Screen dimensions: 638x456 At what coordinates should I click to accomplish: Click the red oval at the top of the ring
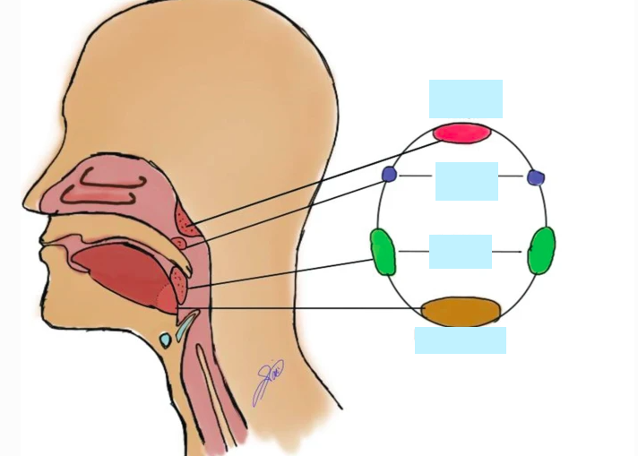(462, 133)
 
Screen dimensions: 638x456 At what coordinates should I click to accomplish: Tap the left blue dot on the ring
(389, 174)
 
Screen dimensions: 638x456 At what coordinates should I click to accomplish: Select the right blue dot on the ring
(536, 177)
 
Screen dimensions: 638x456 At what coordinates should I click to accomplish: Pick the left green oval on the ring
(383, 252)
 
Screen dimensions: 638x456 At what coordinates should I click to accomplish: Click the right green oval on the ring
(541, 251)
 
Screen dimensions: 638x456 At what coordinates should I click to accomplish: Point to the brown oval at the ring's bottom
(461, 312)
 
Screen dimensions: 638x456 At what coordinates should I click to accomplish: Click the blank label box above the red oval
(465, 99)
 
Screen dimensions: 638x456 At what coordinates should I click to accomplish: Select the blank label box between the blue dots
(466, 181)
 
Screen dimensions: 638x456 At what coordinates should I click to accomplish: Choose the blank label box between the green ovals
(460, 252)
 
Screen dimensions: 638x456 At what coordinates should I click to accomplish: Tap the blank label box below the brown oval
(460, 340)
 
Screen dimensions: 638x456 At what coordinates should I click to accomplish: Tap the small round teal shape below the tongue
(165, 340)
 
